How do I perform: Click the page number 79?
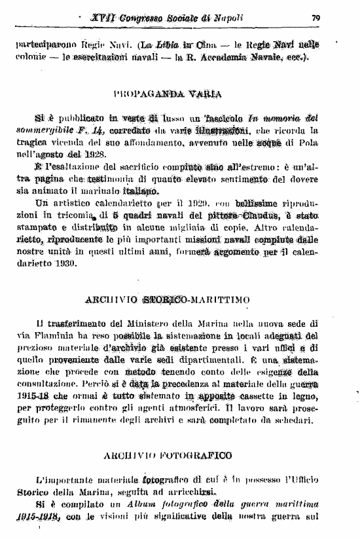(x=315, y=18)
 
